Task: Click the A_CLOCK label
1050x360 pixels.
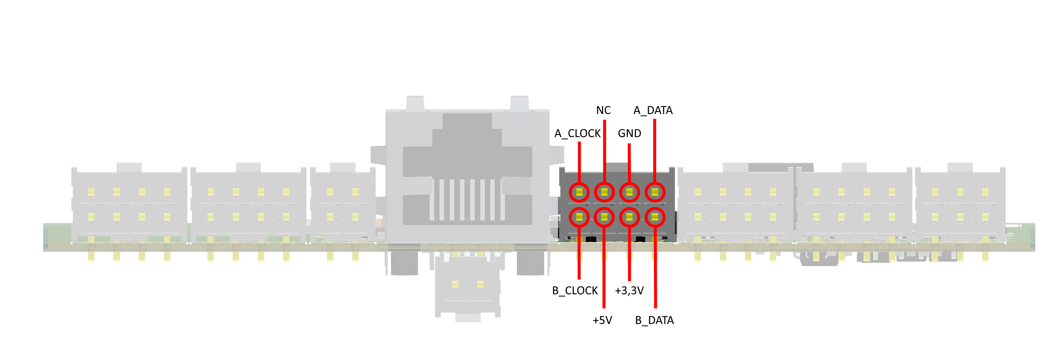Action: tap(577, 133)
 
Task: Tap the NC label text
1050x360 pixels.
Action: tap(603, 110)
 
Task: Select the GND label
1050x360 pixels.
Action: tap(629, 133)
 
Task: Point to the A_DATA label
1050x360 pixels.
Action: tap(653, 110)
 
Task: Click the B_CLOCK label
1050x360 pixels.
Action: tap(575, 291)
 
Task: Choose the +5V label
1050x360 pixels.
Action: tap(602, 320)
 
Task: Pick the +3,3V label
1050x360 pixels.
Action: tap(629, 291)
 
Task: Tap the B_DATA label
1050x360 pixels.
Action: tap(654, 320)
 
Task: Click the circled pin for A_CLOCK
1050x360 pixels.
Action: tap(579, 192)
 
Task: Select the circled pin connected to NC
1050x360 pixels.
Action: tap(604, 192)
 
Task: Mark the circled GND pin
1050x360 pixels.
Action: tap(629, 192)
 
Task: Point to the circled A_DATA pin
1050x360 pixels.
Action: tap(655, 192)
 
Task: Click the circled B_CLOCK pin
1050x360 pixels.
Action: tap(579, 217)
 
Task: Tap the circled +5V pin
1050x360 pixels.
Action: tap(604, 217)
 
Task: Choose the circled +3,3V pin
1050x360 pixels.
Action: tap(629, 217)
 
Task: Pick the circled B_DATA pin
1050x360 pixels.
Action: tap(655, 217)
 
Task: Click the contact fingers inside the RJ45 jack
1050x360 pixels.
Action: tap(467, 200)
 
